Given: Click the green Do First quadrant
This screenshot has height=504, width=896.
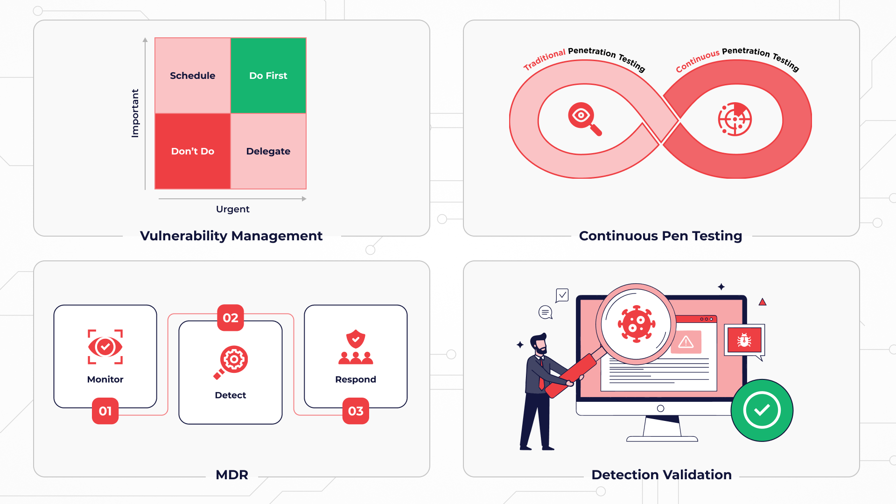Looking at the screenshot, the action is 268,76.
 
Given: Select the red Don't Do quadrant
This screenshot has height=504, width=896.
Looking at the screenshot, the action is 193,151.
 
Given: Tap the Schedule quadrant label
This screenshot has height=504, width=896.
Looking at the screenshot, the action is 193,76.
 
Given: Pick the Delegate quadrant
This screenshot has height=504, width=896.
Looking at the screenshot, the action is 268,151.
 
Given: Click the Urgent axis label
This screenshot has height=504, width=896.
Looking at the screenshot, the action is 233,209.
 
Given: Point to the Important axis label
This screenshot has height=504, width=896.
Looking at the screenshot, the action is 135,113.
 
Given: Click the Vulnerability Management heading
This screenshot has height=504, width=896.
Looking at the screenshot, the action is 231,236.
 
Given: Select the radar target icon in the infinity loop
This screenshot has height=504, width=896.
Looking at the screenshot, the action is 735,119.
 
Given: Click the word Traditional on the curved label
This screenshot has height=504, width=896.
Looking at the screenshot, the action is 544,59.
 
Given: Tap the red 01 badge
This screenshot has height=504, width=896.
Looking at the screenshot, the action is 105,411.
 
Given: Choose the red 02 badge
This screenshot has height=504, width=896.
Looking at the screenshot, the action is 231,318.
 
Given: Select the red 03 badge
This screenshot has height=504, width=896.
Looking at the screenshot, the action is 356,411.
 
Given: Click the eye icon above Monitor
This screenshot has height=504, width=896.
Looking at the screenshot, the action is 105,347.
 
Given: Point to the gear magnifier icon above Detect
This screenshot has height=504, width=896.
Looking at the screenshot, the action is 231,362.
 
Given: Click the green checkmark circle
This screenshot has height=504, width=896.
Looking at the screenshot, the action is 762,410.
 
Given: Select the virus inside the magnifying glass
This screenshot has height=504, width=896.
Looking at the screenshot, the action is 636,324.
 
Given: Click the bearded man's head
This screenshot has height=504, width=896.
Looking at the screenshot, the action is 539,344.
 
